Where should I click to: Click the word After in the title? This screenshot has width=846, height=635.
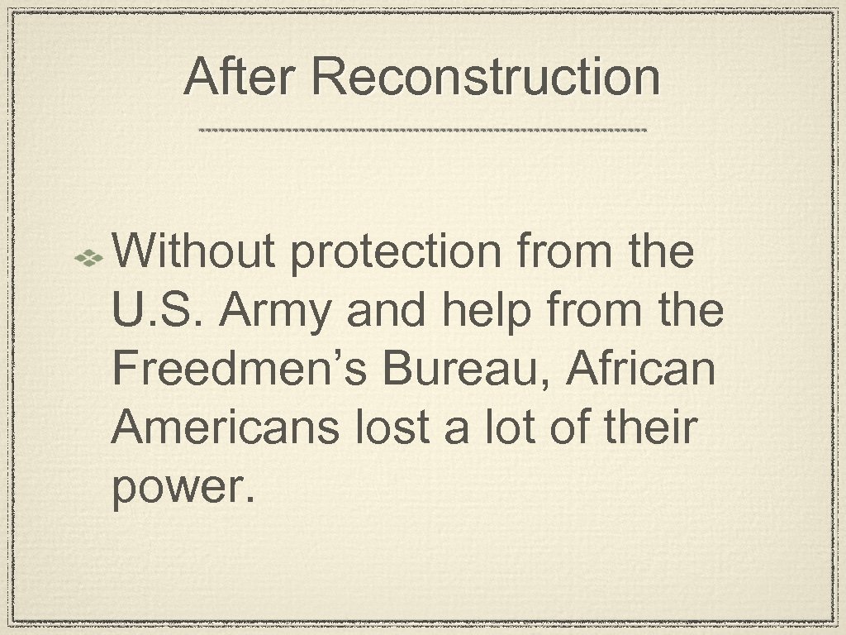(240, 78)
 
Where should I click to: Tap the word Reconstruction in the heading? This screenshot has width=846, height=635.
(487, 78)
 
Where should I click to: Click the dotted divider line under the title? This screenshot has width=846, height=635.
(423, 130)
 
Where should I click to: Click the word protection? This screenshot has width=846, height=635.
(396, 251)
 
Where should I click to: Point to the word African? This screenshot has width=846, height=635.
(641, 370)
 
